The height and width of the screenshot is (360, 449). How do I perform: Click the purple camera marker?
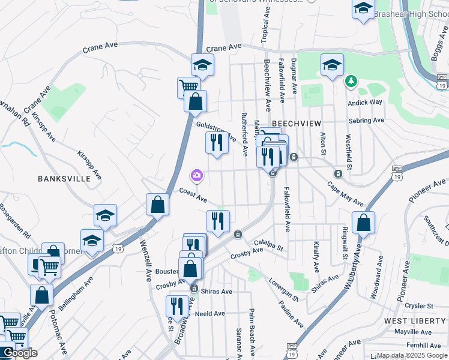[196, 175]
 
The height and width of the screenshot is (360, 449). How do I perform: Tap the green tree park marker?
[351, 80]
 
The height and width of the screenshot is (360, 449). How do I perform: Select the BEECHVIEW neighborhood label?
[294, 122]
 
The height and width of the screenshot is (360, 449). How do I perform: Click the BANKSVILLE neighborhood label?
[64, 178]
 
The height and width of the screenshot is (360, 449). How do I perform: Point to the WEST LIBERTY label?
[413, 322]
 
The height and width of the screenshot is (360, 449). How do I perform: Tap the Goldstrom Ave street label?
[215, 131]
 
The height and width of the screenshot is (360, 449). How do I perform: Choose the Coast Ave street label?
[193, 195]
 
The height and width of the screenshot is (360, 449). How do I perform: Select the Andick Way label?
[365, 102]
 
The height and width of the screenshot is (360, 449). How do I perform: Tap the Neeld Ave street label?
[210, 313]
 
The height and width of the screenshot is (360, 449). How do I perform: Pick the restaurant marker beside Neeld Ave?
[176, 305]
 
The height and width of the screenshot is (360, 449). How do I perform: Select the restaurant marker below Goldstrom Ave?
[217, 142]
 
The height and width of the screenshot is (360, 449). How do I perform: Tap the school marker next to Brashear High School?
[363, 10]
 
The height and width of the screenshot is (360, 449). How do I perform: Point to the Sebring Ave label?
[367, 120]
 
